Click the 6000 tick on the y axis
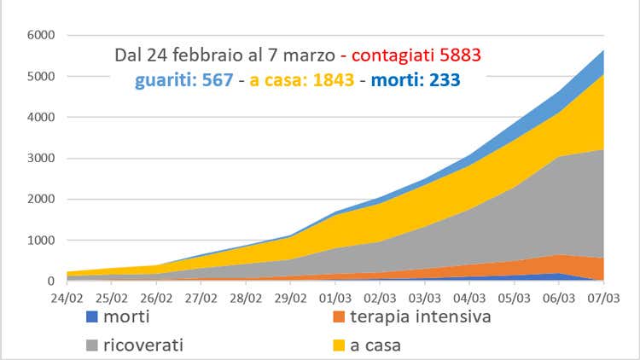coord(41,35)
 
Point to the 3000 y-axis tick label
coord(41,158)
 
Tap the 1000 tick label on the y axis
coord(41,240)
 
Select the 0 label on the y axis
coord(50,281)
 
